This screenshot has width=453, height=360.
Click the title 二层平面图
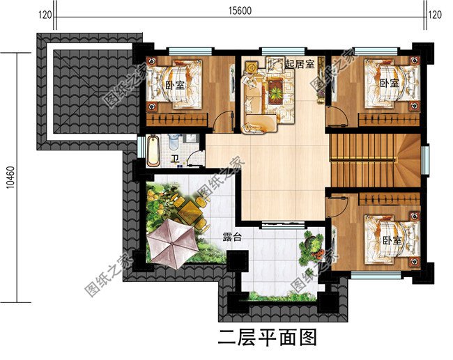point(268,338)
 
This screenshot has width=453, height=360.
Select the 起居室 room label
point(300,64)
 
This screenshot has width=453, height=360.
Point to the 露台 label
point(232,237)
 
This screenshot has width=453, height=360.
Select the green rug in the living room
point(276,89)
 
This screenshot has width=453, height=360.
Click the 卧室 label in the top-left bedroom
point(175,86)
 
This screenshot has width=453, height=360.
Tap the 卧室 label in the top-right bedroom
point(390,83)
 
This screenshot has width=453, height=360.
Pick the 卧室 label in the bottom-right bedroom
point(392,240)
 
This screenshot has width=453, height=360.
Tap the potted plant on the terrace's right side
point(312,244)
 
